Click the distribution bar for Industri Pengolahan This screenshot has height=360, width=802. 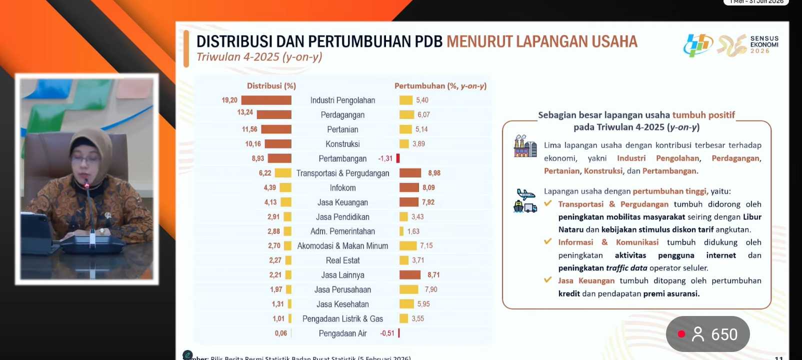(x=266, y=100)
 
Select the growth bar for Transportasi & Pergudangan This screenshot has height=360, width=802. (x=410, y=173)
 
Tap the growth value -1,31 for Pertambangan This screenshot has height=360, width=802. (x=385, y=158)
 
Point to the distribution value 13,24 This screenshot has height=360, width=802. (x=245, y=112)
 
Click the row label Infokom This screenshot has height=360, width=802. (x=342, y=188)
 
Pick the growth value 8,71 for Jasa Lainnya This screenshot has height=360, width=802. (x=433, y=275)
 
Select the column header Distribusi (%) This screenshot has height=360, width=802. (x=271, y=86)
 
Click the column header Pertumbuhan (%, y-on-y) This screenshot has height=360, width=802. (x=440, y=86)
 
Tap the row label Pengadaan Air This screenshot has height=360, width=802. (x=342, y=333)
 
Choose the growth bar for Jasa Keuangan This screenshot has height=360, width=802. (x=409, y=202)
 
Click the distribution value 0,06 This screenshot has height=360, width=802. (x=280, y=333)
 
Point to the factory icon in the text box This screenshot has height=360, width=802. (x=525, y=146)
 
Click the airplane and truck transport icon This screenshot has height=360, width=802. (x=525, y=200)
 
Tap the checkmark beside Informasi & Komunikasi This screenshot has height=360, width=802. (x=548, y=241)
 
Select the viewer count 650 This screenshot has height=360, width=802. (x=724, y=334)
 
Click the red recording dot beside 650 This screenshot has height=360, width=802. (x=681, y=334)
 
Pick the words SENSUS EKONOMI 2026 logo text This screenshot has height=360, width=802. (x=764, y=44)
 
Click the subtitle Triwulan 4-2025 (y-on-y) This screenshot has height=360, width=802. (x=259, y=57)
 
